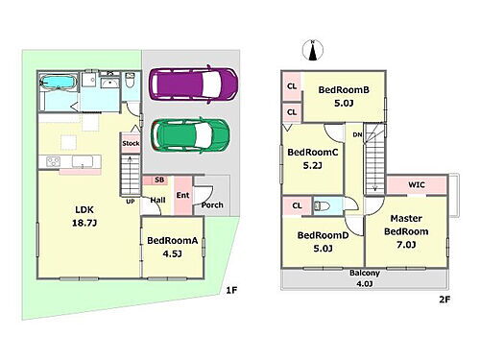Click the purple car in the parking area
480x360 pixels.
coord(194,84)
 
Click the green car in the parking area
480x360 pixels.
coord(190,135)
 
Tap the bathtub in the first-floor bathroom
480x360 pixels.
coord(60,83)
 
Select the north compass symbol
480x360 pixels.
coord(313,50)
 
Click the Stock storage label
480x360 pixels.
coord(131,143)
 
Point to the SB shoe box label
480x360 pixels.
coord(159,180)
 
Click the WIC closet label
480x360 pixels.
coord(417,184)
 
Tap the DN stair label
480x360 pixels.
coord(357,135)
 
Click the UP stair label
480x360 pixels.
coord(131,202)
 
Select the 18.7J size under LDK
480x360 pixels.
coord(84,223)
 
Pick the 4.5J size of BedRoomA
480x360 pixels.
coord(172,254)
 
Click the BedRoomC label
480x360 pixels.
coord(313,152)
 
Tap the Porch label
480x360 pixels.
coord(212,204)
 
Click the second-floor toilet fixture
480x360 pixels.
coord(322,205)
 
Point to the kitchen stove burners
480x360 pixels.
coord(53,161)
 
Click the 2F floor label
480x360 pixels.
coord(444,300)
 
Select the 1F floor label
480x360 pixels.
coord(231,291)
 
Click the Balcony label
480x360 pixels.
coord(365,273)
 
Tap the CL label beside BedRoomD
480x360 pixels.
coord(297,205)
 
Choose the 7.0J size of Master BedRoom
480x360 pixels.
coord(406,245)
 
